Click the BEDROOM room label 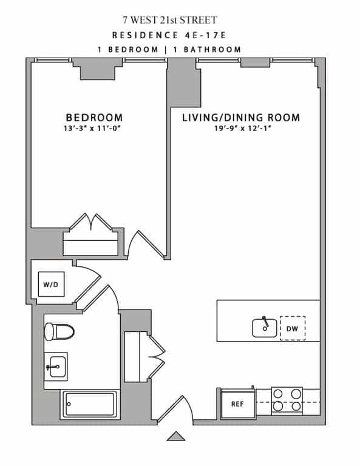coord(94,117)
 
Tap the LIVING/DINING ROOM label coord(241,117)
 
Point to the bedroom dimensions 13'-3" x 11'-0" coord(94,128)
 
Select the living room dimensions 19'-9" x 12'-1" coord(241,128)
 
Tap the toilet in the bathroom coord(58,331)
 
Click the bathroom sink coord(56,366)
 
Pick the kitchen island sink coord(265,326)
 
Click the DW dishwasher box coord(293,328)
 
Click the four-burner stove coord(287,400)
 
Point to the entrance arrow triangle coord(176,436)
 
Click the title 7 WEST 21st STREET coord(178,21)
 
